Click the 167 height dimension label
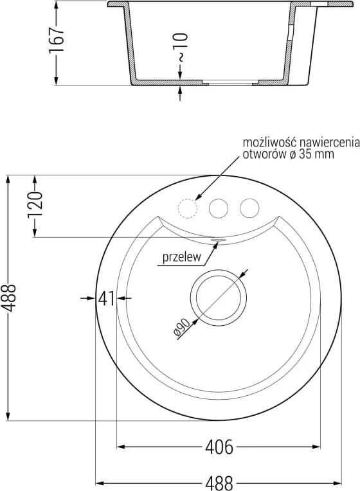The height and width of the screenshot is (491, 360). [x=57, y=40]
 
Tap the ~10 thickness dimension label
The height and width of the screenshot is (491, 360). [x=181, y=48]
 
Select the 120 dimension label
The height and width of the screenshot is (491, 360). [x=35, y=206]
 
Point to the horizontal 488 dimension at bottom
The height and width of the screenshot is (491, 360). [x=219, y=483]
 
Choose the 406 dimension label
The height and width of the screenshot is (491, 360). [x=219, y=447]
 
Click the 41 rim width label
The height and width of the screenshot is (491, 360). [x=106, y=298]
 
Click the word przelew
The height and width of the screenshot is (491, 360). [x=182, y=258]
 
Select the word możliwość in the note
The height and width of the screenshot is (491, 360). [x=269, y=143]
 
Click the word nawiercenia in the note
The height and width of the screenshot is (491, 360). [x=329, y=143]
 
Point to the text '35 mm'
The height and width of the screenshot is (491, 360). [x=316, y=154]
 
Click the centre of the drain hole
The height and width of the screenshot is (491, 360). [x=219, y=298]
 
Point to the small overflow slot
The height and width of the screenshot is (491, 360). [x=218, y=240]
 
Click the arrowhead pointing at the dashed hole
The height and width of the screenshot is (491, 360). [x=199, y=197]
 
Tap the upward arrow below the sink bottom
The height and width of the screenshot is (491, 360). [x=180, y=93]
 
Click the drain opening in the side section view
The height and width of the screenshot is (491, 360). [x=230, y=82]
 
